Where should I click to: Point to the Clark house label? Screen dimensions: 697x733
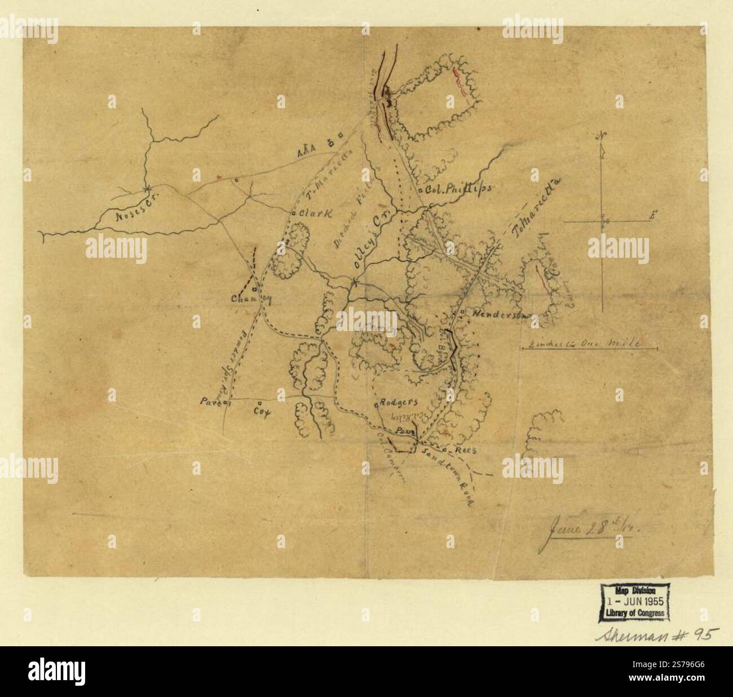pyautogui.click(x=312, y=214)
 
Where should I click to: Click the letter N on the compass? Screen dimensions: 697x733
pyautogui.click(x=603, y=136)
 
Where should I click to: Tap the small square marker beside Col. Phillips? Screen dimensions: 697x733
pyautogui.click(x=421, y=191)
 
